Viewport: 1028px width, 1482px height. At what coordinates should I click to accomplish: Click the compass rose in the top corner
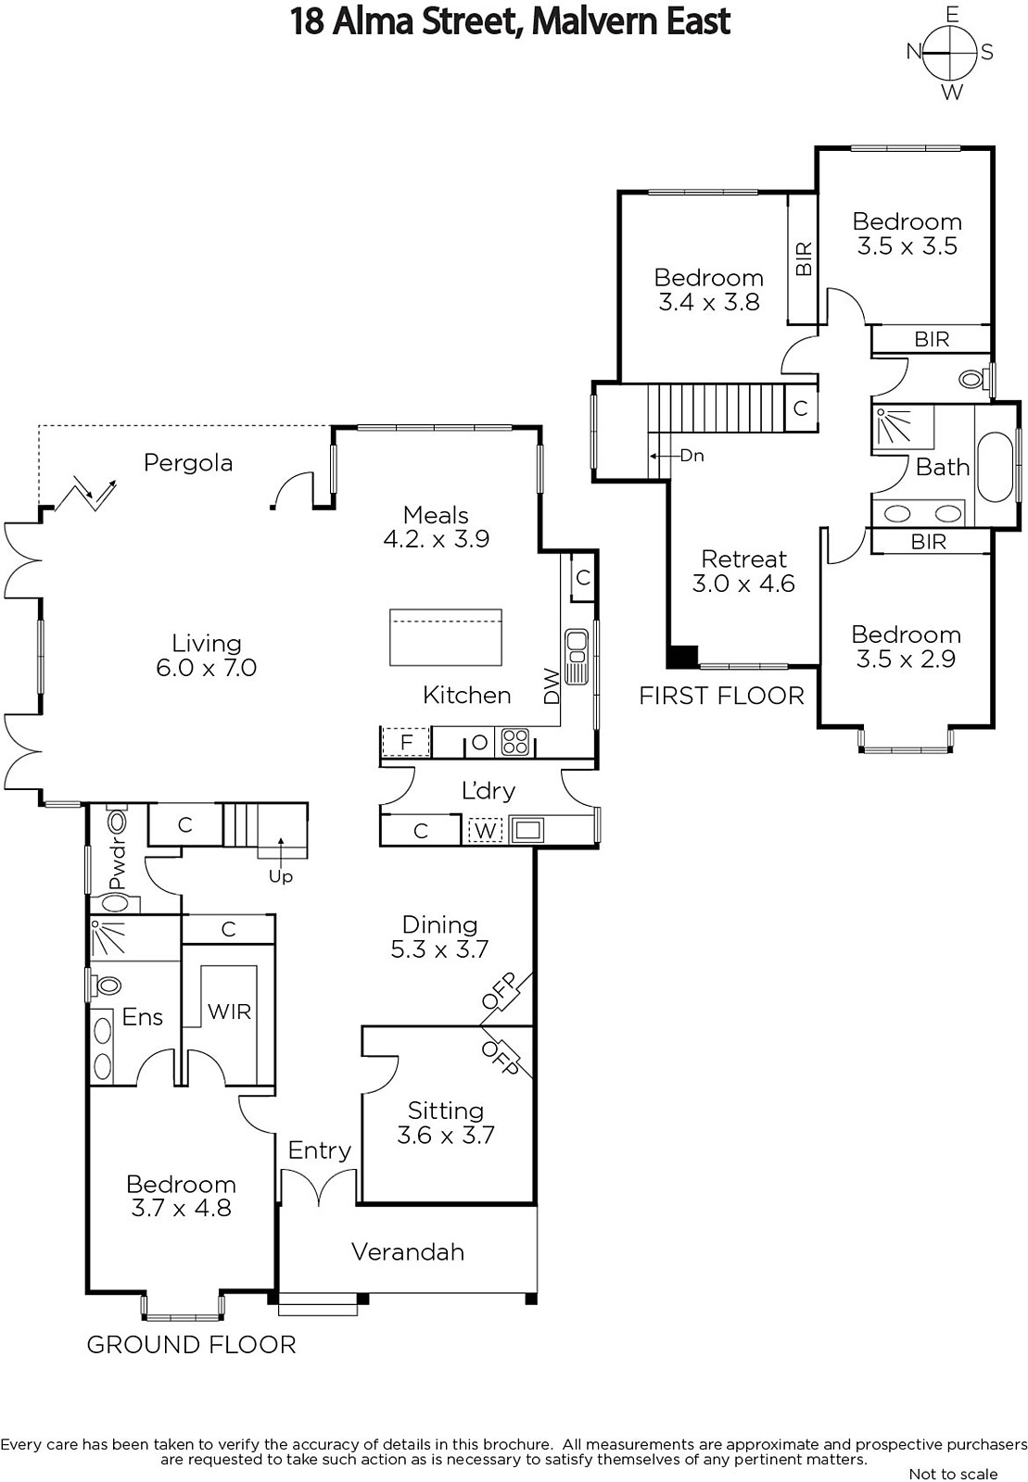[x=950, y=52]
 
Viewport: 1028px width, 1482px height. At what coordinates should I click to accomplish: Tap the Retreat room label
[x=743, y=559]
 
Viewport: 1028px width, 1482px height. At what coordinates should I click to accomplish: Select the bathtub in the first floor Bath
[x=995, y=467]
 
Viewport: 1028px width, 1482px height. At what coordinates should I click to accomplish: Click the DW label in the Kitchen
[x=552, y=686]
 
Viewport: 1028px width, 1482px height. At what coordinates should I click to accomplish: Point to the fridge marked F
[x=406, y=742]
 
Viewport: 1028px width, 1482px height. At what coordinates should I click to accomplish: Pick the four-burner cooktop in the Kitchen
[x=515, y=742]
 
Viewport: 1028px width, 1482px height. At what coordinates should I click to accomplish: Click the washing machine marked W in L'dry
[x=486, y=830]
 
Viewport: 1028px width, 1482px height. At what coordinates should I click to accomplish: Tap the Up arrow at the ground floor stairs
[x=281, y=853]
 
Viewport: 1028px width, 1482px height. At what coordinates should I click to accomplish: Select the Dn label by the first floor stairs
[x=692, y=456]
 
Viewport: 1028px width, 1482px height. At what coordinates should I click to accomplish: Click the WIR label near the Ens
[x=229, y=1011]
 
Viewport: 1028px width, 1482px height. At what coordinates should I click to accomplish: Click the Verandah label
[x=408, y=1251]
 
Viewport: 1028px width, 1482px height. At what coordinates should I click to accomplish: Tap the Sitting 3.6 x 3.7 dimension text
[x=446, y=1136]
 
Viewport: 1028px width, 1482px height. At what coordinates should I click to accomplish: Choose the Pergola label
[x=188, y=463]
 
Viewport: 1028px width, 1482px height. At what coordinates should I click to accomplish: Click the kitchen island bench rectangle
[x=446, y=637]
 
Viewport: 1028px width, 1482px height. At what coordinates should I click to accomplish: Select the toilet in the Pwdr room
[x=117, y=822]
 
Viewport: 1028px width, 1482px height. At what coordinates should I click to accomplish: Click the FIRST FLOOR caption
[x=721, y=696]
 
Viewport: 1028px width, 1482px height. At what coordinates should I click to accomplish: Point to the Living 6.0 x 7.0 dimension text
[x=207, y=668]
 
